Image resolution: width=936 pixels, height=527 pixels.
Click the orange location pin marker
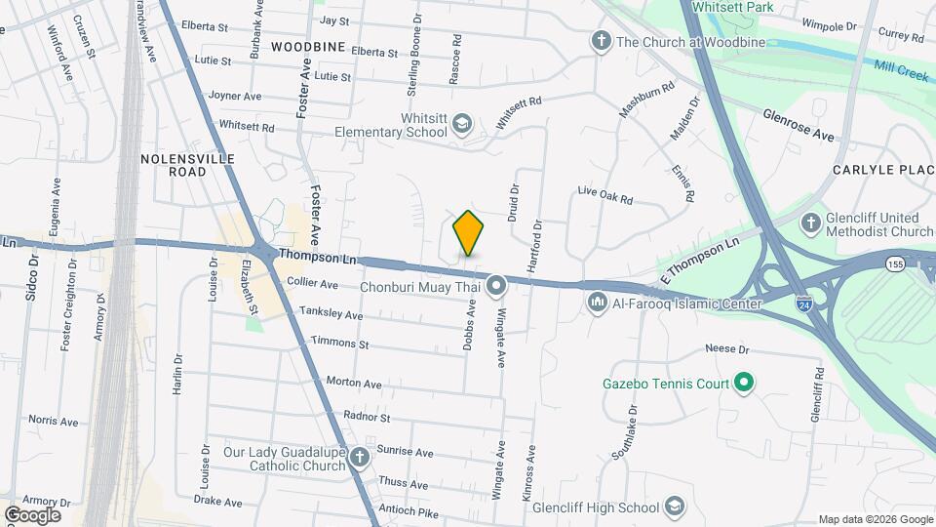[469, 233]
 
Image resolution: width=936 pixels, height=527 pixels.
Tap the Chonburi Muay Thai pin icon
[496, 286]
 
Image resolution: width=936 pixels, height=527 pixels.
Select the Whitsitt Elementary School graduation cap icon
[461, 124]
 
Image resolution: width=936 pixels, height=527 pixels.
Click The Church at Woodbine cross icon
[602, 42]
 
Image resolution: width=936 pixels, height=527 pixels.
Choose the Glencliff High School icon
[675, 507]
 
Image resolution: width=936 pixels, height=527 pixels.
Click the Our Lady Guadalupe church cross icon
[360, 457]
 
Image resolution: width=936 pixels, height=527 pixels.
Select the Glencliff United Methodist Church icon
[810, 223]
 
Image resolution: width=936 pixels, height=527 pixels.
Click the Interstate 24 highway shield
[803, 304]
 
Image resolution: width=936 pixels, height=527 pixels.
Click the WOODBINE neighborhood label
[307, 47]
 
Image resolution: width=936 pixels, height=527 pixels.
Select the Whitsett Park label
[731, 7]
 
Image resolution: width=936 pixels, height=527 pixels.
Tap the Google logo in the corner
[32, 514]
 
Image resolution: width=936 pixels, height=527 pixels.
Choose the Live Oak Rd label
[604, 195]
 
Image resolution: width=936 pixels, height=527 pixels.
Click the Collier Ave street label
[312, 283]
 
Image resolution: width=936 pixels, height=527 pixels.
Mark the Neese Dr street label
[726, 348]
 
